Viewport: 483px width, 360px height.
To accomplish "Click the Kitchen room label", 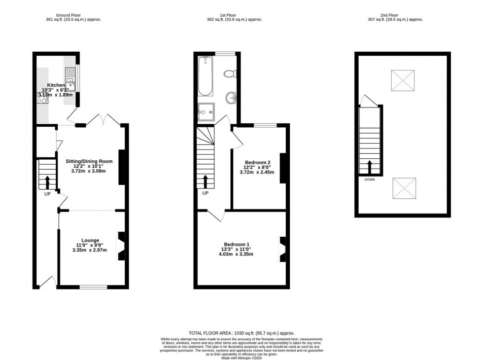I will [56, 85].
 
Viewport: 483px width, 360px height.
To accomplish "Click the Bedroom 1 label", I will [237, 245].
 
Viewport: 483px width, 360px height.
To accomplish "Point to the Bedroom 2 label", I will [258, 162].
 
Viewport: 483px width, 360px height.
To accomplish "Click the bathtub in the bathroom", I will [205, 76].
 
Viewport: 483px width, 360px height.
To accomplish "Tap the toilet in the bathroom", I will [229, 74].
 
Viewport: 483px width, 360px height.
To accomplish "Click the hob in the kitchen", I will [41, 98].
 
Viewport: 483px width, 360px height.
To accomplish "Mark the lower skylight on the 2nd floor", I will [404, 188].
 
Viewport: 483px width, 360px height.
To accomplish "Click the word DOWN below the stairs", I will [370, 180].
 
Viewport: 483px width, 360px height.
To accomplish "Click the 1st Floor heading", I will [235, 15].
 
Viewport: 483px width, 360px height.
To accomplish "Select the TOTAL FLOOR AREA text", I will [241, 333].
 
